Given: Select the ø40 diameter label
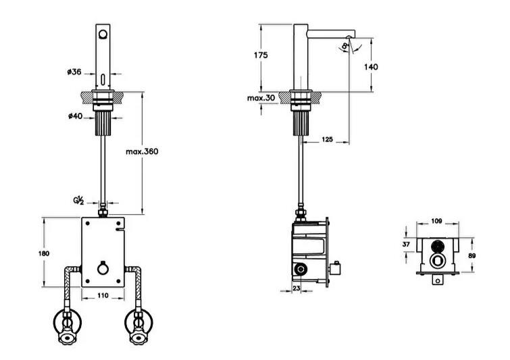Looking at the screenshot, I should pos(75,115).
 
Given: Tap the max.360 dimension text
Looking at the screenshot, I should pos(142,151).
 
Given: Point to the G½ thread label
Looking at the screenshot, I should pos(79,201).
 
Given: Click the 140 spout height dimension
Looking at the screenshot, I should pos(371,66).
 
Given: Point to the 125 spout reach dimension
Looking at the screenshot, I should pos(327,139).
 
